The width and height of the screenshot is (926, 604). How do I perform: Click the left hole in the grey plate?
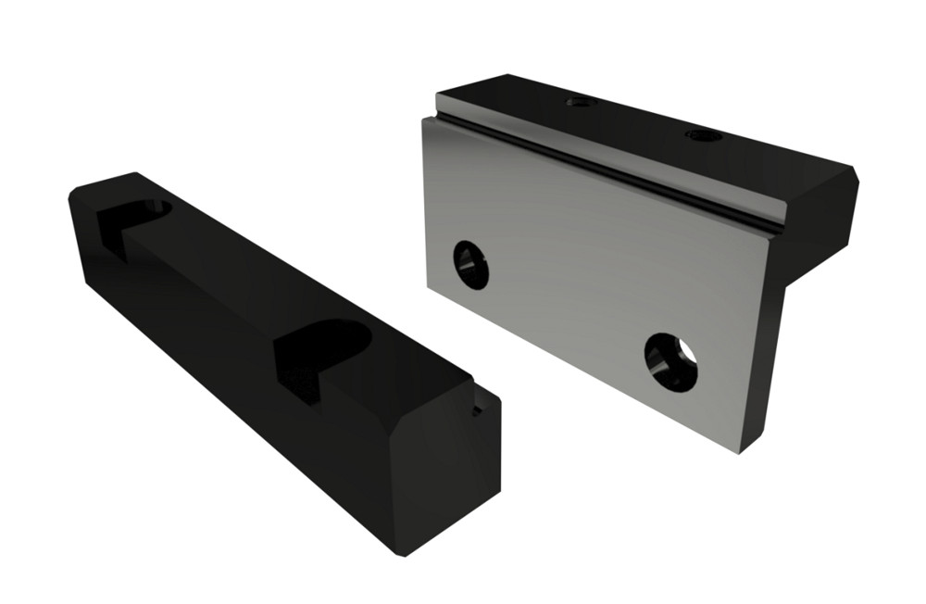[470, 265]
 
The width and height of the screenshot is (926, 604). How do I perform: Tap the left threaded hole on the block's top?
[581, 101]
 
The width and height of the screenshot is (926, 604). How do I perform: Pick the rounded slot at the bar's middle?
[321, 352]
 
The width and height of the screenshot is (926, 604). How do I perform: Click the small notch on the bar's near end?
[478, 409]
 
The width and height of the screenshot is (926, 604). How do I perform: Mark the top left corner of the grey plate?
[425, 120]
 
